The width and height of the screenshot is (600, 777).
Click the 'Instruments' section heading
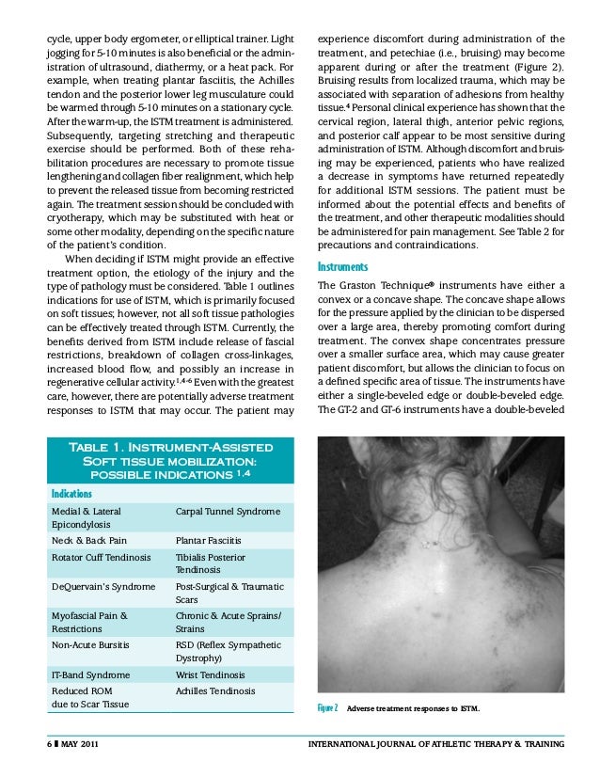(x=344, y=266)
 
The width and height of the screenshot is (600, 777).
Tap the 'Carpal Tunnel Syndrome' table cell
(x=228, y=511)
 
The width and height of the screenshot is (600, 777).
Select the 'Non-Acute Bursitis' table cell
(x=91, y=645)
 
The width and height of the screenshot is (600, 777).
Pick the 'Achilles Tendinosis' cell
(x=214, y=691)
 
